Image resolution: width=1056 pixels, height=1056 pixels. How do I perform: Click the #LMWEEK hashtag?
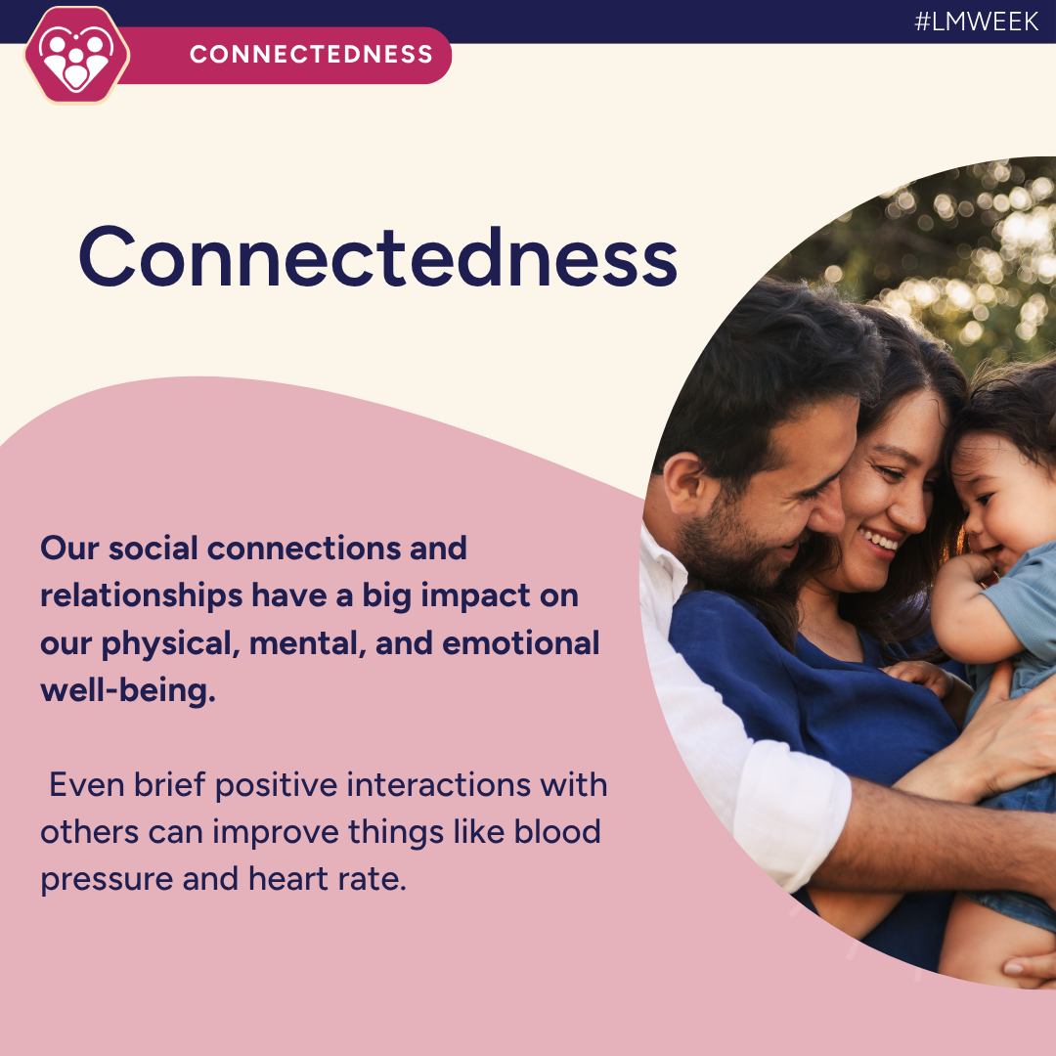click(976, 22)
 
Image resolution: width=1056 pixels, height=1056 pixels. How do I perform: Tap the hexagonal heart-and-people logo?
click(76, 57)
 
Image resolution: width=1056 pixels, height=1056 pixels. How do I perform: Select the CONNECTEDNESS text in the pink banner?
click(311, 54)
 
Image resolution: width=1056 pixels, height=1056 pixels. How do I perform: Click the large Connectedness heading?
click(377, 256)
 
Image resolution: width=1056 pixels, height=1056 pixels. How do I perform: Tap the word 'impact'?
click(473, 595)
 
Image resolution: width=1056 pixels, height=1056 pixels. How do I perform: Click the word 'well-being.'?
click(127, 691)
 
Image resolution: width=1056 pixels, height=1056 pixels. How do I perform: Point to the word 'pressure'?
click(105, 879)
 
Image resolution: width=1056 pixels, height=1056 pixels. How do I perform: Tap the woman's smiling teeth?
click(882, 540)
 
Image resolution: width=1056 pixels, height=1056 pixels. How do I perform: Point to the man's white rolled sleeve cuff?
click(797, 816)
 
